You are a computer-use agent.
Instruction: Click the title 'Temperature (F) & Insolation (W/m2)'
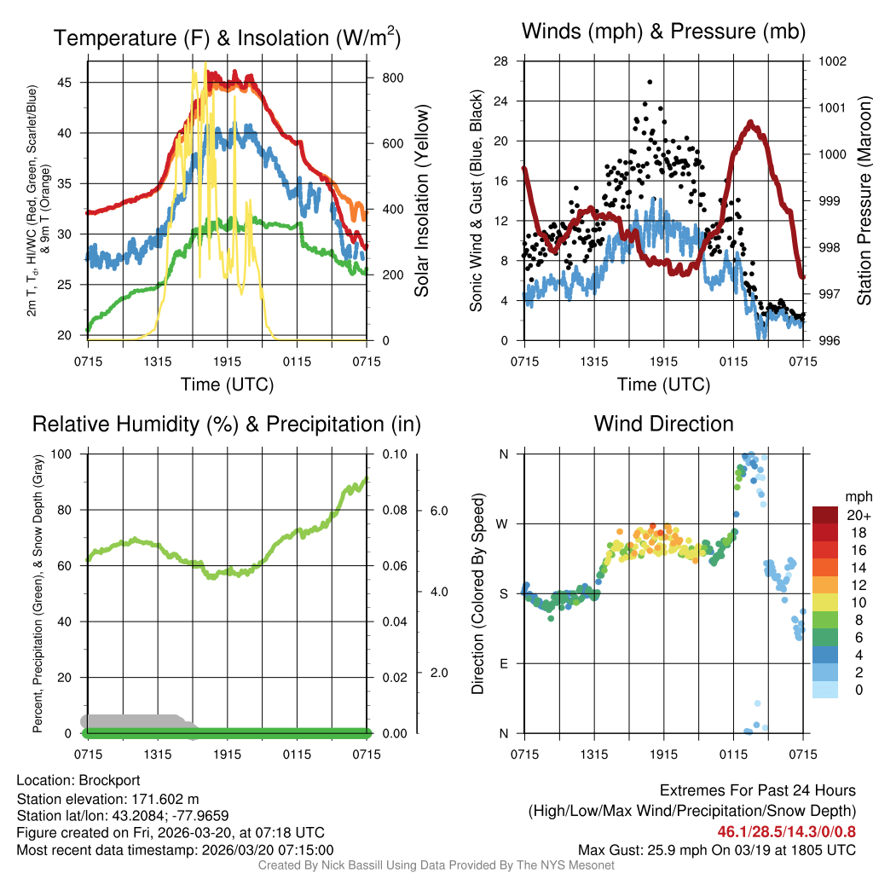(x=228, y=38)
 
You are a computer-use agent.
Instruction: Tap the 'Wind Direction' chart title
(x=663, y=424)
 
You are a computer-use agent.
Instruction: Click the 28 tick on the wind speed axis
(x=501, y=61)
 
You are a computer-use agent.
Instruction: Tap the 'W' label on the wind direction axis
(x=503, y=523)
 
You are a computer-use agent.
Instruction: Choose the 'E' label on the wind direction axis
(x=503, y=663)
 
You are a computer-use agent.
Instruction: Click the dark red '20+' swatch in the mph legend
(x=824, y=515)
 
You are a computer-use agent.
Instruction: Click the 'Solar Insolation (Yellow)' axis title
(x=422, y=200)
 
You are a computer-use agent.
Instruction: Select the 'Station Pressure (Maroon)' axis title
(x=863, y=200)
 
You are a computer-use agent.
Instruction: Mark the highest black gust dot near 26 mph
(x=650, y=82)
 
